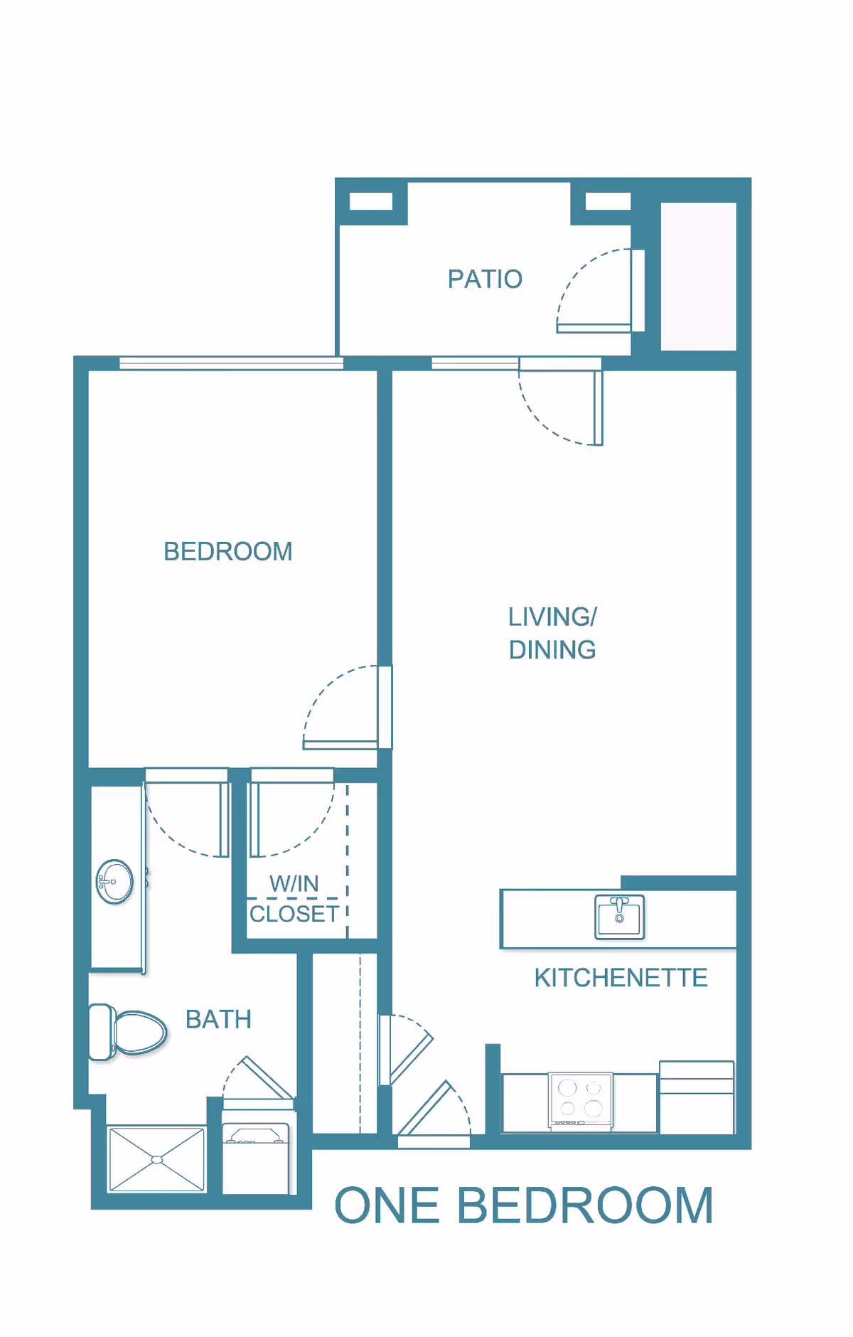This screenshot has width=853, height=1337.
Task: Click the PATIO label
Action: (485, 279)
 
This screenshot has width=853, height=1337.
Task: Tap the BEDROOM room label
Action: (228, 551)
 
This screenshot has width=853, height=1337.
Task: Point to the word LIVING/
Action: (552, 617)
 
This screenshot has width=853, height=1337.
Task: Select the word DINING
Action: (552, 650)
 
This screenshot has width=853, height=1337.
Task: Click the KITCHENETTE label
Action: (621, 978)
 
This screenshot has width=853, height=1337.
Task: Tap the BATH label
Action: (218, 1019)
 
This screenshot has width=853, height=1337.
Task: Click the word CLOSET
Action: (294, 914)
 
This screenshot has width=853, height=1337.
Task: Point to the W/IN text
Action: (294, 884)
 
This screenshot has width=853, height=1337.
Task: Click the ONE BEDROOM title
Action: (524, 1206)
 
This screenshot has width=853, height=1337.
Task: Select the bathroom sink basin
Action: (114, 882)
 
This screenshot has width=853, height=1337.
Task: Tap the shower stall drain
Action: (157, 1160)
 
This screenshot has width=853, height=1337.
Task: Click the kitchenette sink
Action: (619, 917)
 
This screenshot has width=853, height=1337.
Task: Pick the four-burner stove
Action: (580, 1099)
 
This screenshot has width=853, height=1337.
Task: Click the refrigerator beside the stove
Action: (696, 1097)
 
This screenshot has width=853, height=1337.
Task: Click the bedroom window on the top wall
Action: (231, 363)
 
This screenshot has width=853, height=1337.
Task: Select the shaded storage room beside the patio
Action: (698, 276)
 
